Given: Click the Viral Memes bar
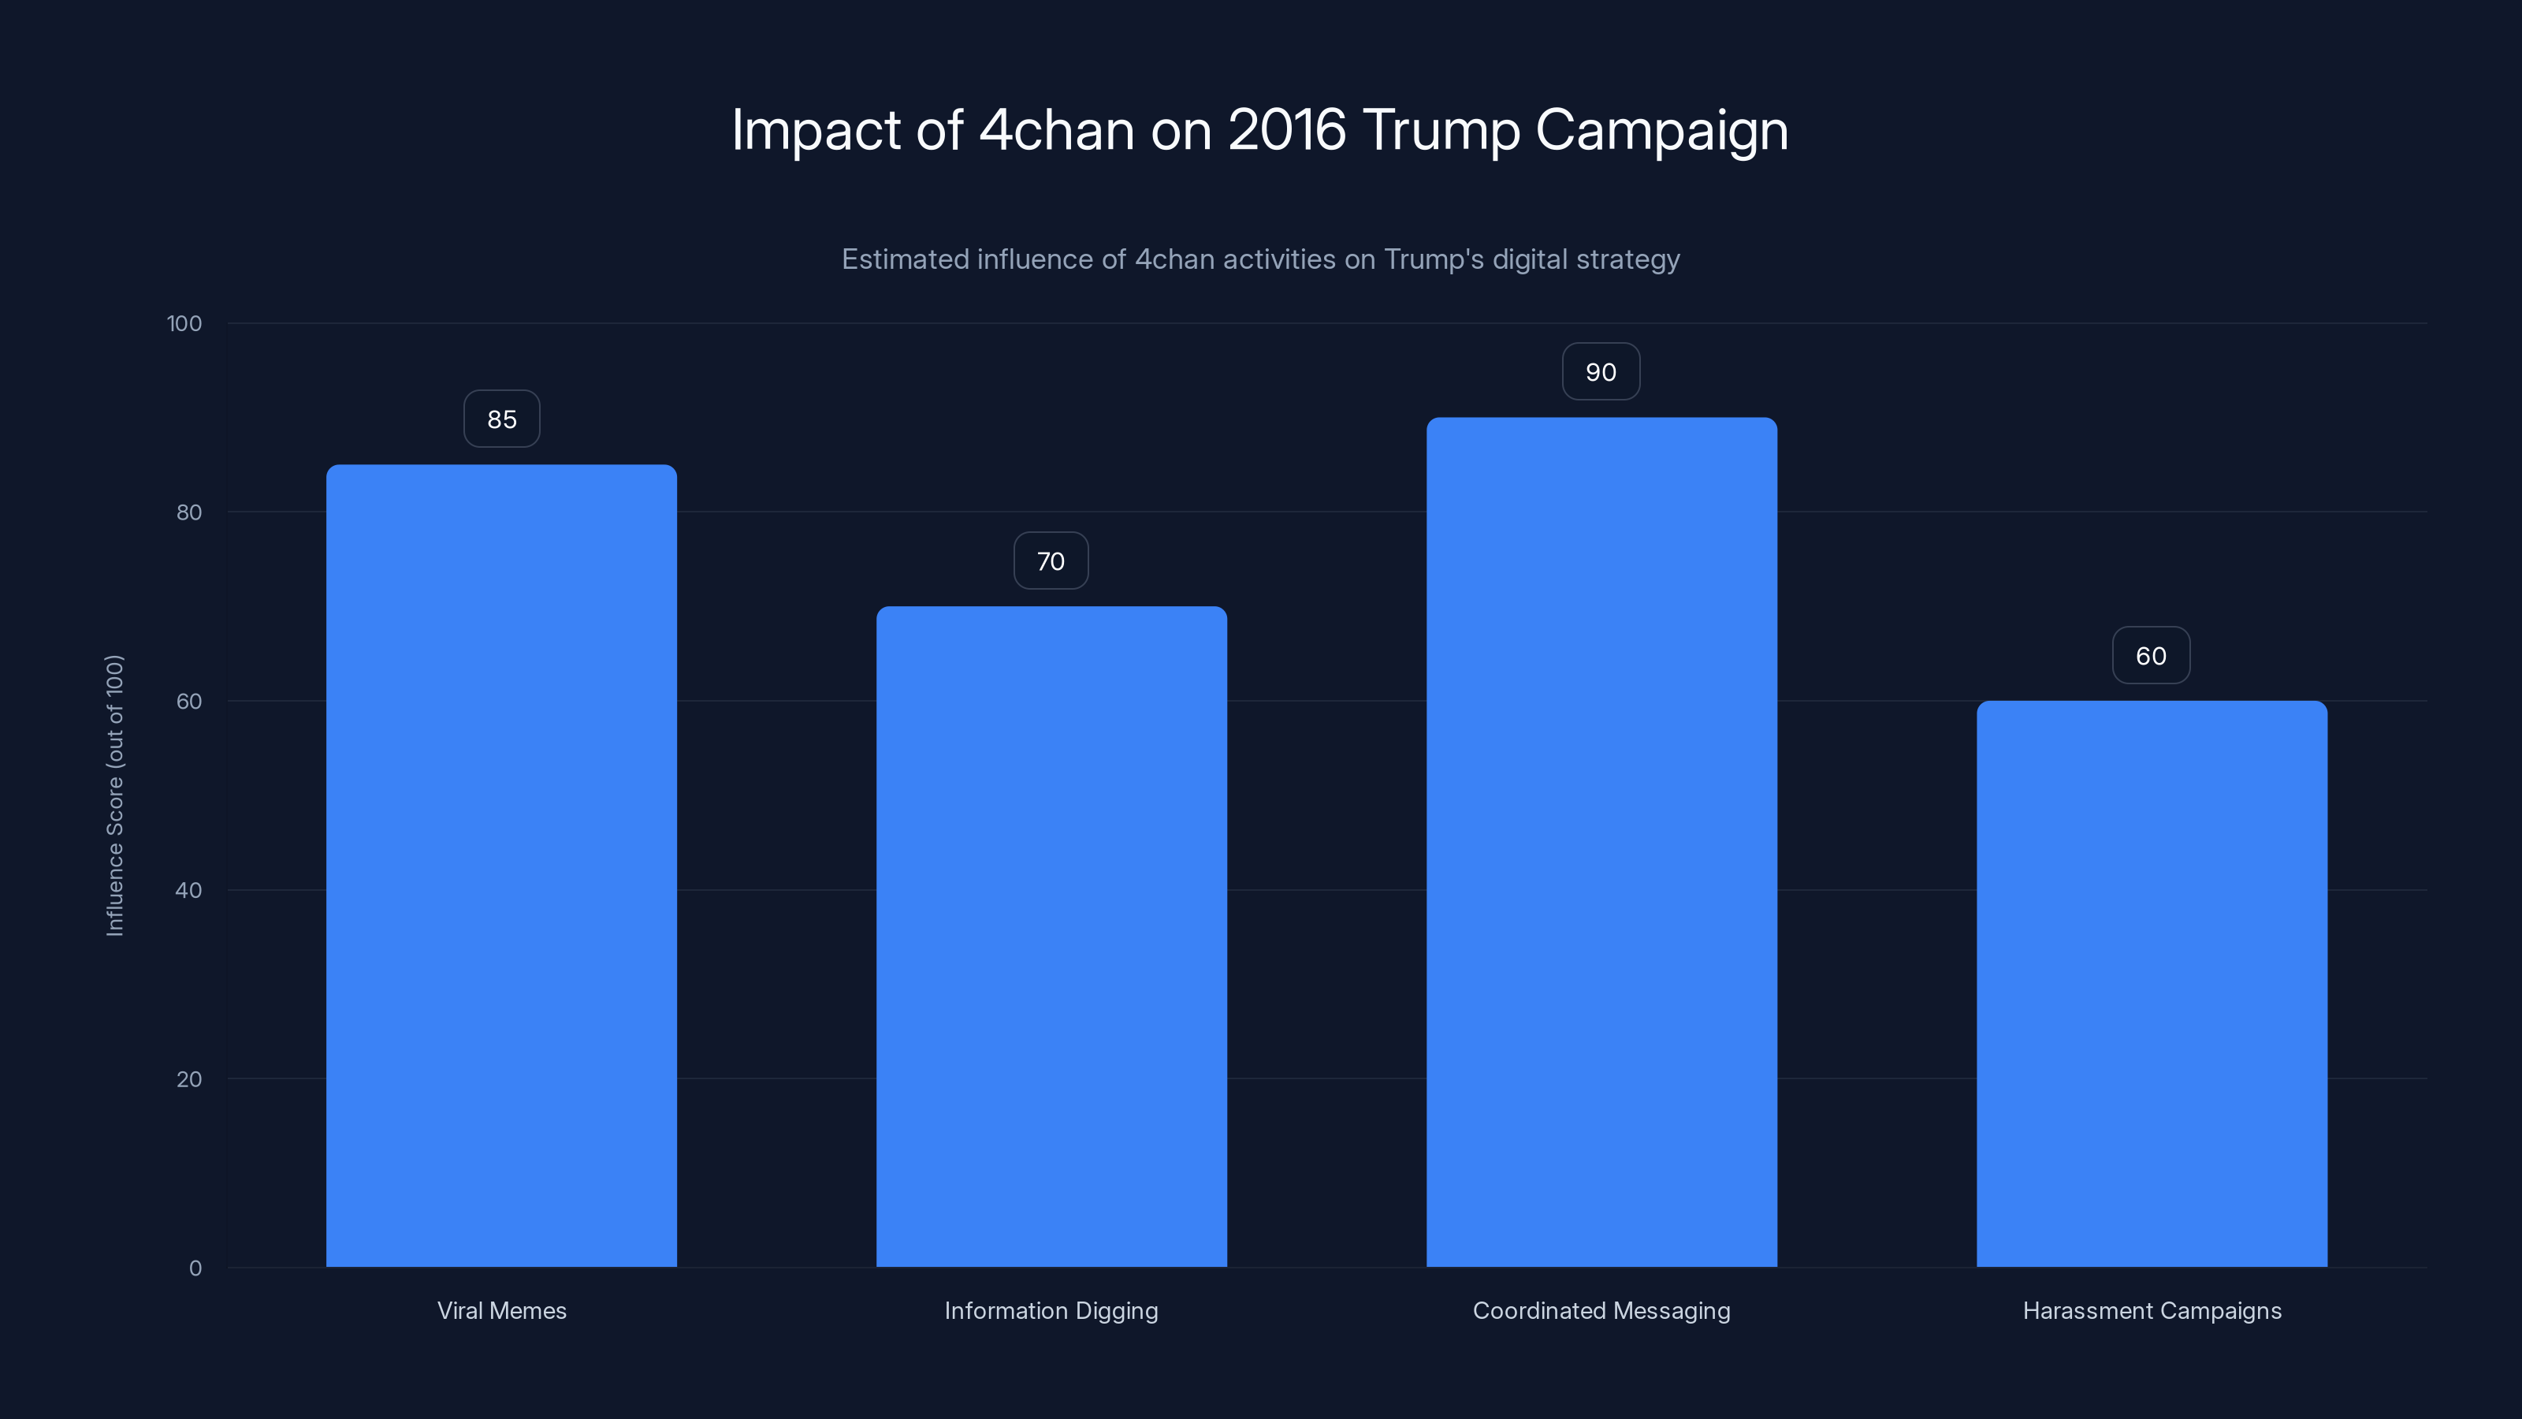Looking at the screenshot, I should pyautogui.click(x=501, y=866).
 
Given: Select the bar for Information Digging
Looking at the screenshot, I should pyautogui.click(x=1051, y=937).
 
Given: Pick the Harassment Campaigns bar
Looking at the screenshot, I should pyautogui.click(x=2151, y=983).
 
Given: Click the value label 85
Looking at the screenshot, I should pyautogui.click(x=501, y=419).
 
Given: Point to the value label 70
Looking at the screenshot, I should pyautogui.click(x=1051, y=561).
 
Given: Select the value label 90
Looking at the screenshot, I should pyautogui.click(x=1601, y=372).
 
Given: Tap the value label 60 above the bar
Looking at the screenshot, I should pyautogui.click(x=2150, y=656).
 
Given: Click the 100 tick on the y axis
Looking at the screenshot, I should pyautogui.click(x=184, y=324).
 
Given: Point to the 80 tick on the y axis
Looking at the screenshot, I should pyautogui.click(x=189, y=512).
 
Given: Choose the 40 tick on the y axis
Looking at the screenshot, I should pyautogui.click(x=189, y=890).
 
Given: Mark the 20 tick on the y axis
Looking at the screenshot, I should pyautogui.click(x=189, y=1079).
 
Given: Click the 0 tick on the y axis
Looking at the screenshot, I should pyautogui.click(x=195, y=1268).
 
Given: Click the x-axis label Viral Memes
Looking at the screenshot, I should pyautogui.click(x=501, y=1310).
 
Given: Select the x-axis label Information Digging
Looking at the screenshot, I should pyautogui.click(x=1051, y=1310).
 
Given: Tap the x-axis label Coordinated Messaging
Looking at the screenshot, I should pyautogui.click(x=1601, y=1310).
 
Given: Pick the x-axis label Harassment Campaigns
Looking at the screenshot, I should pyautogui.click(x=2151, y=1310).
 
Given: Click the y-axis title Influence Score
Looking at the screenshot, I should pyautogui.click(x=114, y=795).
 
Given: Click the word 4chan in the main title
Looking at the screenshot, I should pyautogui.click(x=1055, y=129).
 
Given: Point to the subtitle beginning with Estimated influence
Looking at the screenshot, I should pyautogui.click(x=1260, y=259).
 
